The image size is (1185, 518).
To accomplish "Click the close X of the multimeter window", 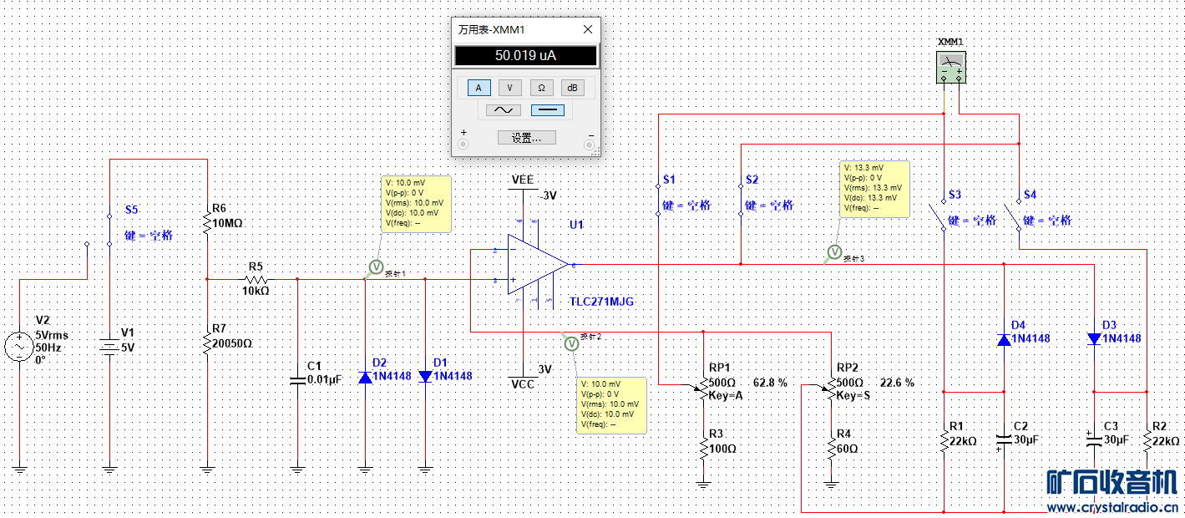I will pyautogui.click(x=588, y=29).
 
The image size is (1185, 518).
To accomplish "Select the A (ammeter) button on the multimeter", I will pyautogui.click(x=479, y=88).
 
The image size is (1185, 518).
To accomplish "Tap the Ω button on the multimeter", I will pyautogui.click(x=541, y=88).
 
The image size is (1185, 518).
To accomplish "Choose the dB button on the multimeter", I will pyautogui.click(x=572, y=88).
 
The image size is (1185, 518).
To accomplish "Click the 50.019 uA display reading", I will pyautogui.click(x=526, y=56).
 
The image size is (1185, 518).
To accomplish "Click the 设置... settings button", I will pyautogui.click(x=526, y=138).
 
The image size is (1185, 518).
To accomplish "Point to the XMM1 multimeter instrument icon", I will pyautogui.click(x=950, y=67).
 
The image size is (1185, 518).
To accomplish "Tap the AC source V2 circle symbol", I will pyautogui.click(x=19, y=346).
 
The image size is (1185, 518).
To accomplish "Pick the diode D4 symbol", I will pyautogui.click(x=1004, y=339).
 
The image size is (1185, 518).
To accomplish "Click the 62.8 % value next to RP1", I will pyautogui.click(x=771, y=383).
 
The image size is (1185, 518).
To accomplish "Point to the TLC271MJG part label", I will pyautogui.click(x=602, y=301).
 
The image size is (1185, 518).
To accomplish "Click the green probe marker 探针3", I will pyautogui.click(x=833, y=252).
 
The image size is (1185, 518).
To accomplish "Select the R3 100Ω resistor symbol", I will pyautogui.click(x=704, y=449).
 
